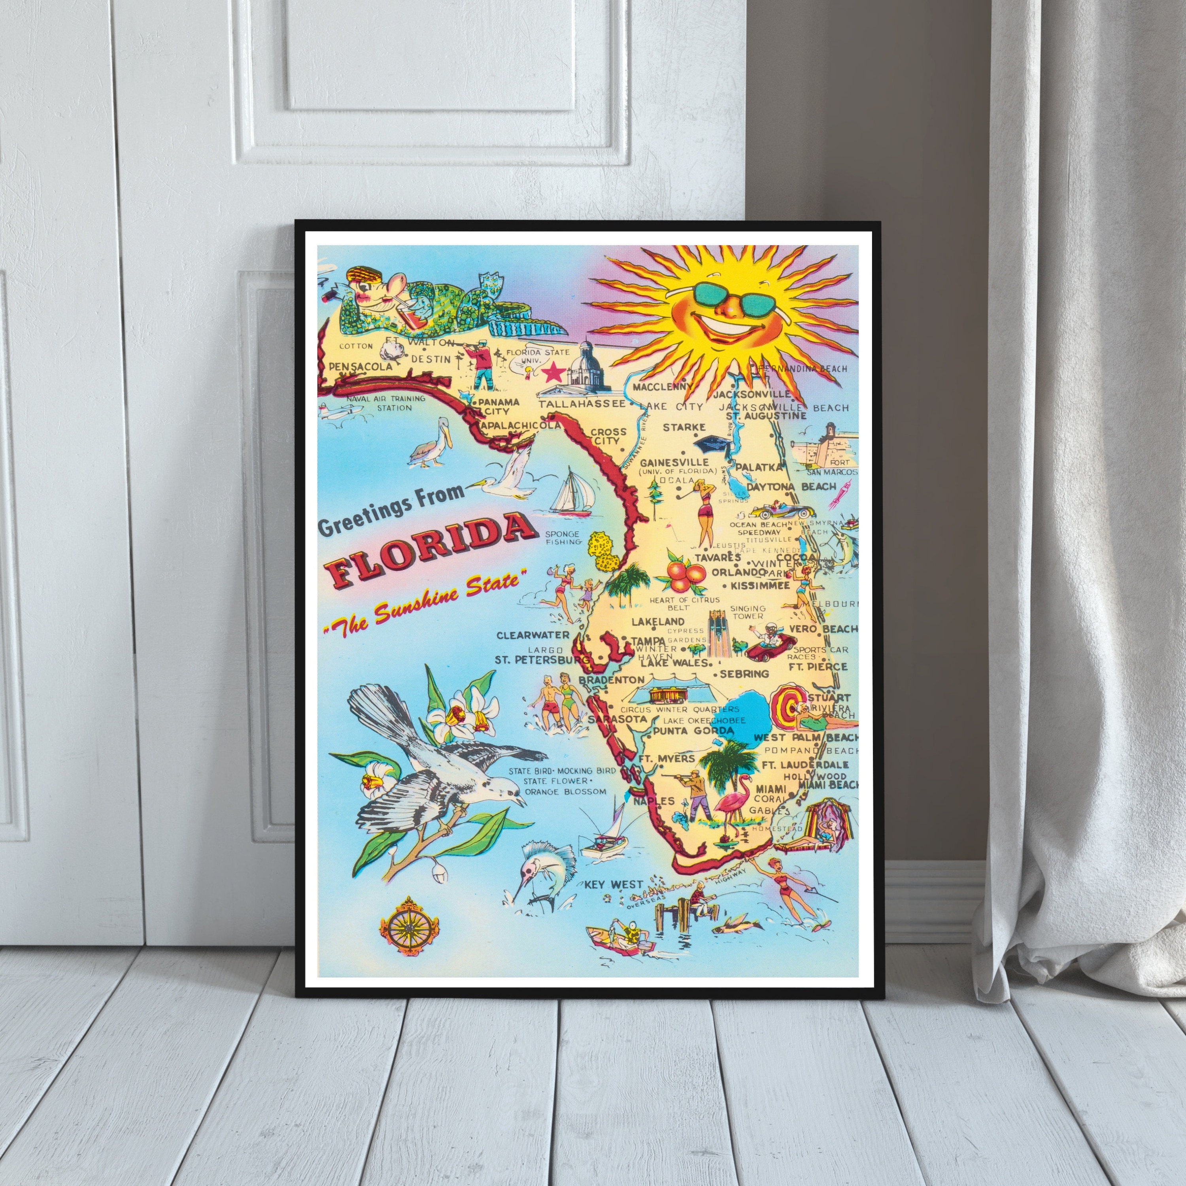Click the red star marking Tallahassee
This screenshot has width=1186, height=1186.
click(554, 371)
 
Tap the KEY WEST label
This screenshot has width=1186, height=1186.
click(613, 885)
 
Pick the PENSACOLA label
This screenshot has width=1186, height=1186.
click(360, 366)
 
